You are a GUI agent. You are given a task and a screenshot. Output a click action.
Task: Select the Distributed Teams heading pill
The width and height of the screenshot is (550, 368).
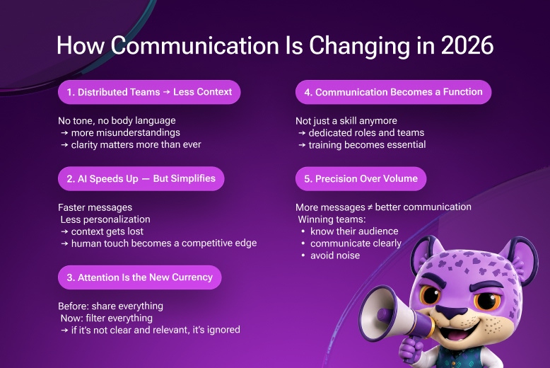coord(149,92)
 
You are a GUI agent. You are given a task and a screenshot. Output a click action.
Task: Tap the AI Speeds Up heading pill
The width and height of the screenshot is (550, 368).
coord(141,179)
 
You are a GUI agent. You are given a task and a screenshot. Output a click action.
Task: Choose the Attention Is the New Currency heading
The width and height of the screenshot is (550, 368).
coord(139,277)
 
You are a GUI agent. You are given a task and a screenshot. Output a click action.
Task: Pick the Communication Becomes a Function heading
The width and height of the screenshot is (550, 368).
coord(393,92)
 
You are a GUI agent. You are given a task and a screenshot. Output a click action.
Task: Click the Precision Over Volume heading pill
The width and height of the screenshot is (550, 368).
coord(361,179)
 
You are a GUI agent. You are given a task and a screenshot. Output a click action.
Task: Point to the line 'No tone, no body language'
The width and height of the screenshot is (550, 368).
coord(117,120)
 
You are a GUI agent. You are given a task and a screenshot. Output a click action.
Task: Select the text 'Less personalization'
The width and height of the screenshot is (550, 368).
coord(105,219)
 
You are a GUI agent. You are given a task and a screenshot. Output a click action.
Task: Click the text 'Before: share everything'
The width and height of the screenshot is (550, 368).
coord(110,306)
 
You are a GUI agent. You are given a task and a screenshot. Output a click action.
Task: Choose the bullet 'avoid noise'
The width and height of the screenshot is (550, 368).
coord(334,255)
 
